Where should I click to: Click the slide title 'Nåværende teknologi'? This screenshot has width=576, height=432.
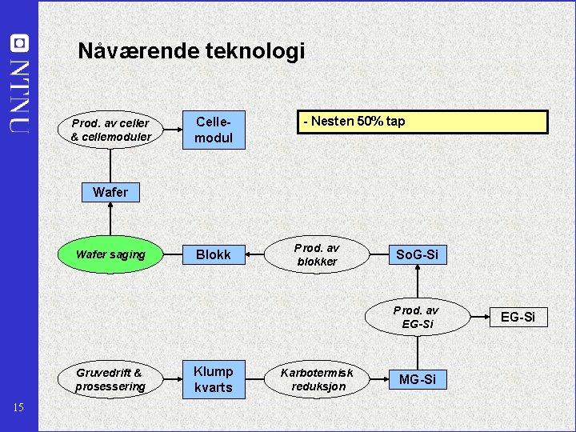[191, 52]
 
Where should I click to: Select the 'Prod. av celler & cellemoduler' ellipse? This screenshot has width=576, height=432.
[111, 130]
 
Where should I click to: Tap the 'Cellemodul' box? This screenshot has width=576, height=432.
[214, 130]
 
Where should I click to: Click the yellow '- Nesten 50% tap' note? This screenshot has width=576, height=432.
[423, 122]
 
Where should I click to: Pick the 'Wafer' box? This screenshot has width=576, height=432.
[110, 192]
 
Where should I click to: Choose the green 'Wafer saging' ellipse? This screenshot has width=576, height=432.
[111, 254]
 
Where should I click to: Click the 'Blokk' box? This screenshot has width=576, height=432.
[214, 254]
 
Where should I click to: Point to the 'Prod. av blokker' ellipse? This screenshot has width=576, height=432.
[317, 254]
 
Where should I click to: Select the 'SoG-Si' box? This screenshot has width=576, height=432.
[417, 254]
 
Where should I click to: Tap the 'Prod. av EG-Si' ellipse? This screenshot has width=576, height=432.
[416, 317]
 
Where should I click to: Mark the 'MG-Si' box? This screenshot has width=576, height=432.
[417, 379]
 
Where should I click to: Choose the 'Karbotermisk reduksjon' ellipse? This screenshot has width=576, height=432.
[317, 379]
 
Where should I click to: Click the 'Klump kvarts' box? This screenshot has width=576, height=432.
[214, 379]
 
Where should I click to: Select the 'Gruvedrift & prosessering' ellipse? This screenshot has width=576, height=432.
[111, 379]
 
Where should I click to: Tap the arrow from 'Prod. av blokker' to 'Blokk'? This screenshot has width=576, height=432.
[257, 254]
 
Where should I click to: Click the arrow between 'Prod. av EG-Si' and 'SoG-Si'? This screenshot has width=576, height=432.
[417, 280]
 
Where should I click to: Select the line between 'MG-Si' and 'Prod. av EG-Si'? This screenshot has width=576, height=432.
[417, 352]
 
